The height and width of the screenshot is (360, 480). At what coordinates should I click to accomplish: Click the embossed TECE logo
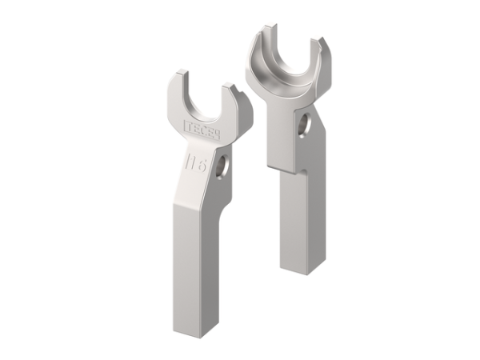point(202,127)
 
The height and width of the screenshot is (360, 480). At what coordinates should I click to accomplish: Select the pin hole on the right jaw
point(304,126)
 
